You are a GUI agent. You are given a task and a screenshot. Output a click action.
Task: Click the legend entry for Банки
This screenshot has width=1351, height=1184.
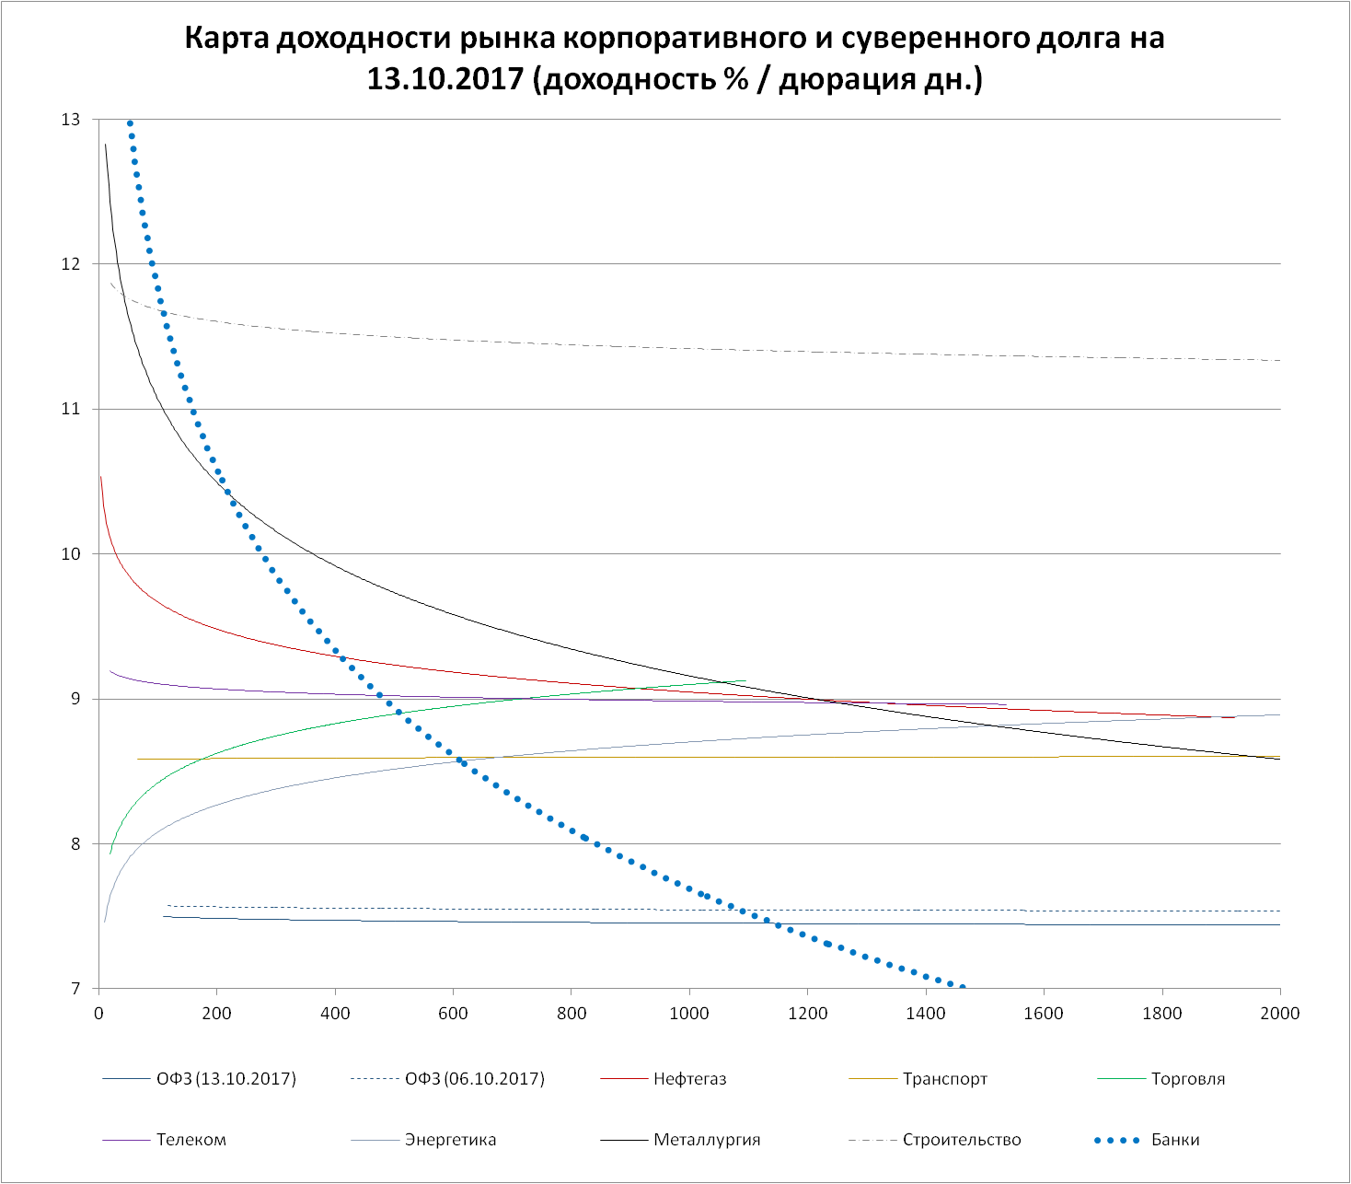click(1175, 1140)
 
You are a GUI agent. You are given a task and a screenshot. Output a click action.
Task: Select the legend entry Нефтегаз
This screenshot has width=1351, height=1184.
click(689, 1079)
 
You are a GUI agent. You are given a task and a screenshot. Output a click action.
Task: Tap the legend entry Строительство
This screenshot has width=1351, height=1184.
click(961, 1140)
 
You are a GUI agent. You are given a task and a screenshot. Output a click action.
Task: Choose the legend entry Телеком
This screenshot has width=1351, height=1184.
click(191, 1140)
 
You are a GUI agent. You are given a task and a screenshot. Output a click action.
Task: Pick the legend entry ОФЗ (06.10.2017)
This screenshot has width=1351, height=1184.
click(474, 1079)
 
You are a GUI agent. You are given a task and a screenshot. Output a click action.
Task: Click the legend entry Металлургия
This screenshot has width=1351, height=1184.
click(706, 1140)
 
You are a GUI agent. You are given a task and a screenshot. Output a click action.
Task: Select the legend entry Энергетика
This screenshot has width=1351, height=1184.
click(450, 1140)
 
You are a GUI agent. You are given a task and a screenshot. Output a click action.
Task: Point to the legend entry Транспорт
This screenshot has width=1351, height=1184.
click(944, 1079)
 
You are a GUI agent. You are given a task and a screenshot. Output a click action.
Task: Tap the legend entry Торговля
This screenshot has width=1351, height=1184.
click(1187, 1079)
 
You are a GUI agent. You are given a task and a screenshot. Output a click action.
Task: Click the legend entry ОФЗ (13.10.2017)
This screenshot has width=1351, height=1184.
click(225, 1079)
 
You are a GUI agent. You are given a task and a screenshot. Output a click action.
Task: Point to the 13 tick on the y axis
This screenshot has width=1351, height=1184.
click(71, 120)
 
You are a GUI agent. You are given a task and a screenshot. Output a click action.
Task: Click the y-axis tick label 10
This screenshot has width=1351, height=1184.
click(71, 554)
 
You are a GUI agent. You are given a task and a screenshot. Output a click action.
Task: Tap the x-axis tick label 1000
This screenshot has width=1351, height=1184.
click(689, 1014)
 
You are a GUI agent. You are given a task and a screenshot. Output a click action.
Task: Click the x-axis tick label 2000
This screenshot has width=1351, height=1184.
click(1279, 1014)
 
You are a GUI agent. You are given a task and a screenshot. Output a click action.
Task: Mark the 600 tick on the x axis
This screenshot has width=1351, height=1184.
click(453, 1014)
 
